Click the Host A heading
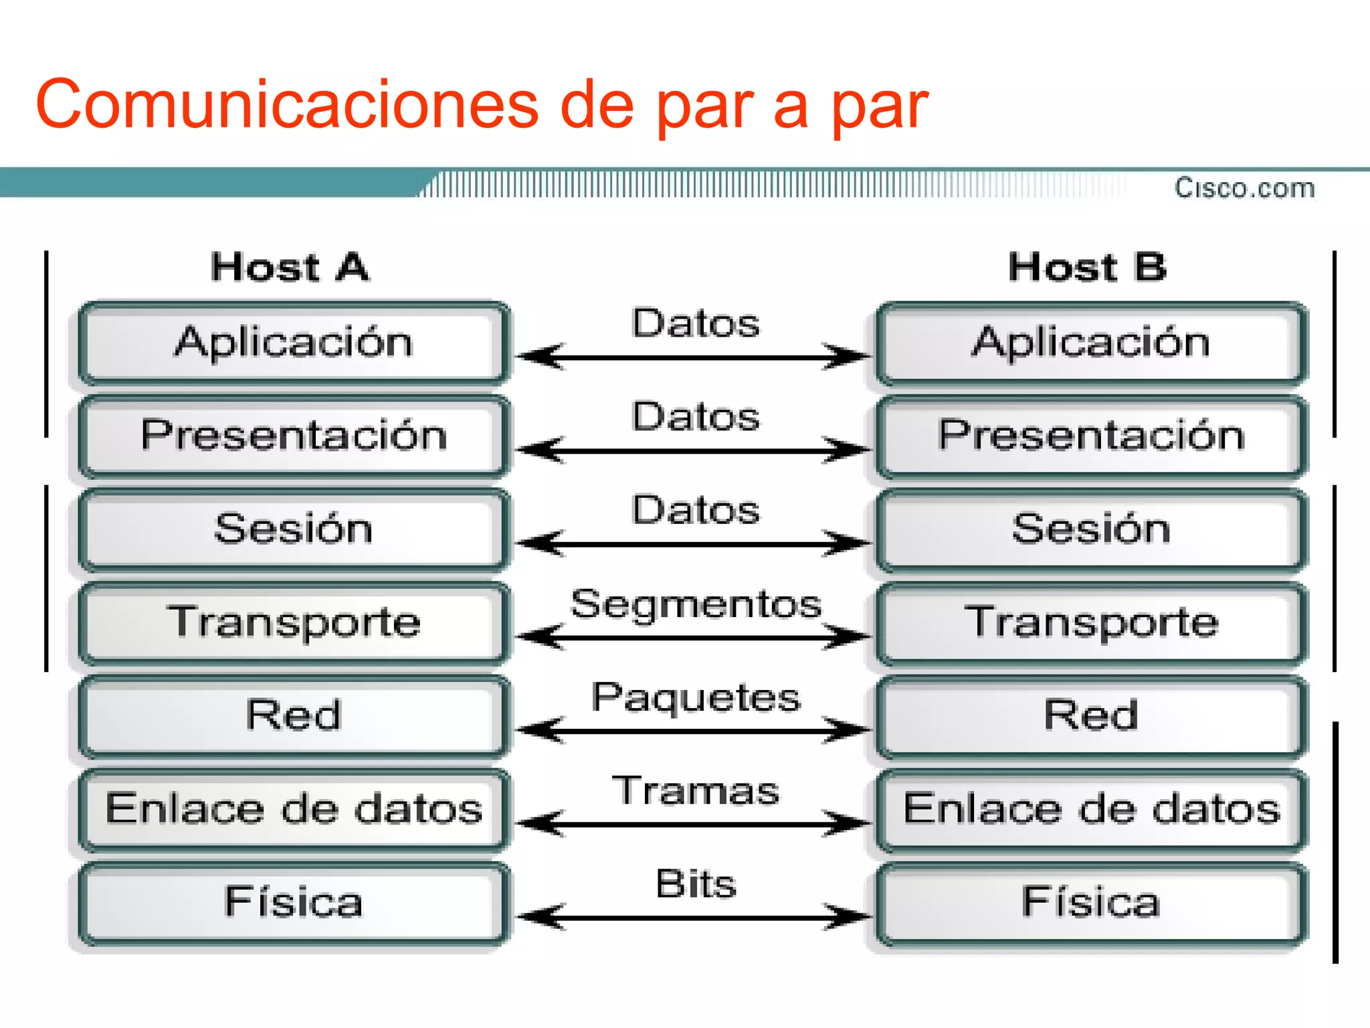pyautogui.click(x=290, y=268)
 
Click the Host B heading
pyautogui.click(x=1088, y=268)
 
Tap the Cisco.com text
pyautogui.click(x=1245, y=188)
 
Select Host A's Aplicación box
pyautogui.click(x=293, y=343)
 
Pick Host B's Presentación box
pyautogui.click(x=1091, y=436)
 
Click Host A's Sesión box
pyautogui.click(x=293, y=529)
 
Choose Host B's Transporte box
pyautogui.click(x=1091, y=622)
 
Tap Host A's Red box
pyautogui.click(x=293, y=715)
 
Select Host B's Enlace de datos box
pyautogui.click(x=1091, y=808)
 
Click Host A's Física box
pyautogui.click(x=293, y=902)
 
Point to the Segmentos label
pyautogui.click(x=696, y=604)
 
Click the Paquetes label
pyautogui.click(x=696, y=697)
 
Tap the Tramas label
pyautogui.click(x=696, y=790)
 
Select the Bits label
pyautogui.click(x=696, y=884)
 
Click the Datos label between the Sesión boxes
pyautogui.click(x=696, y=511)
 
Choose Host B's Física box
pyautogui.click(x=1091, y=902)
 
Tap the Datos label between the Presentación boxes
pyautogui.click(x=696, y=417)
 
